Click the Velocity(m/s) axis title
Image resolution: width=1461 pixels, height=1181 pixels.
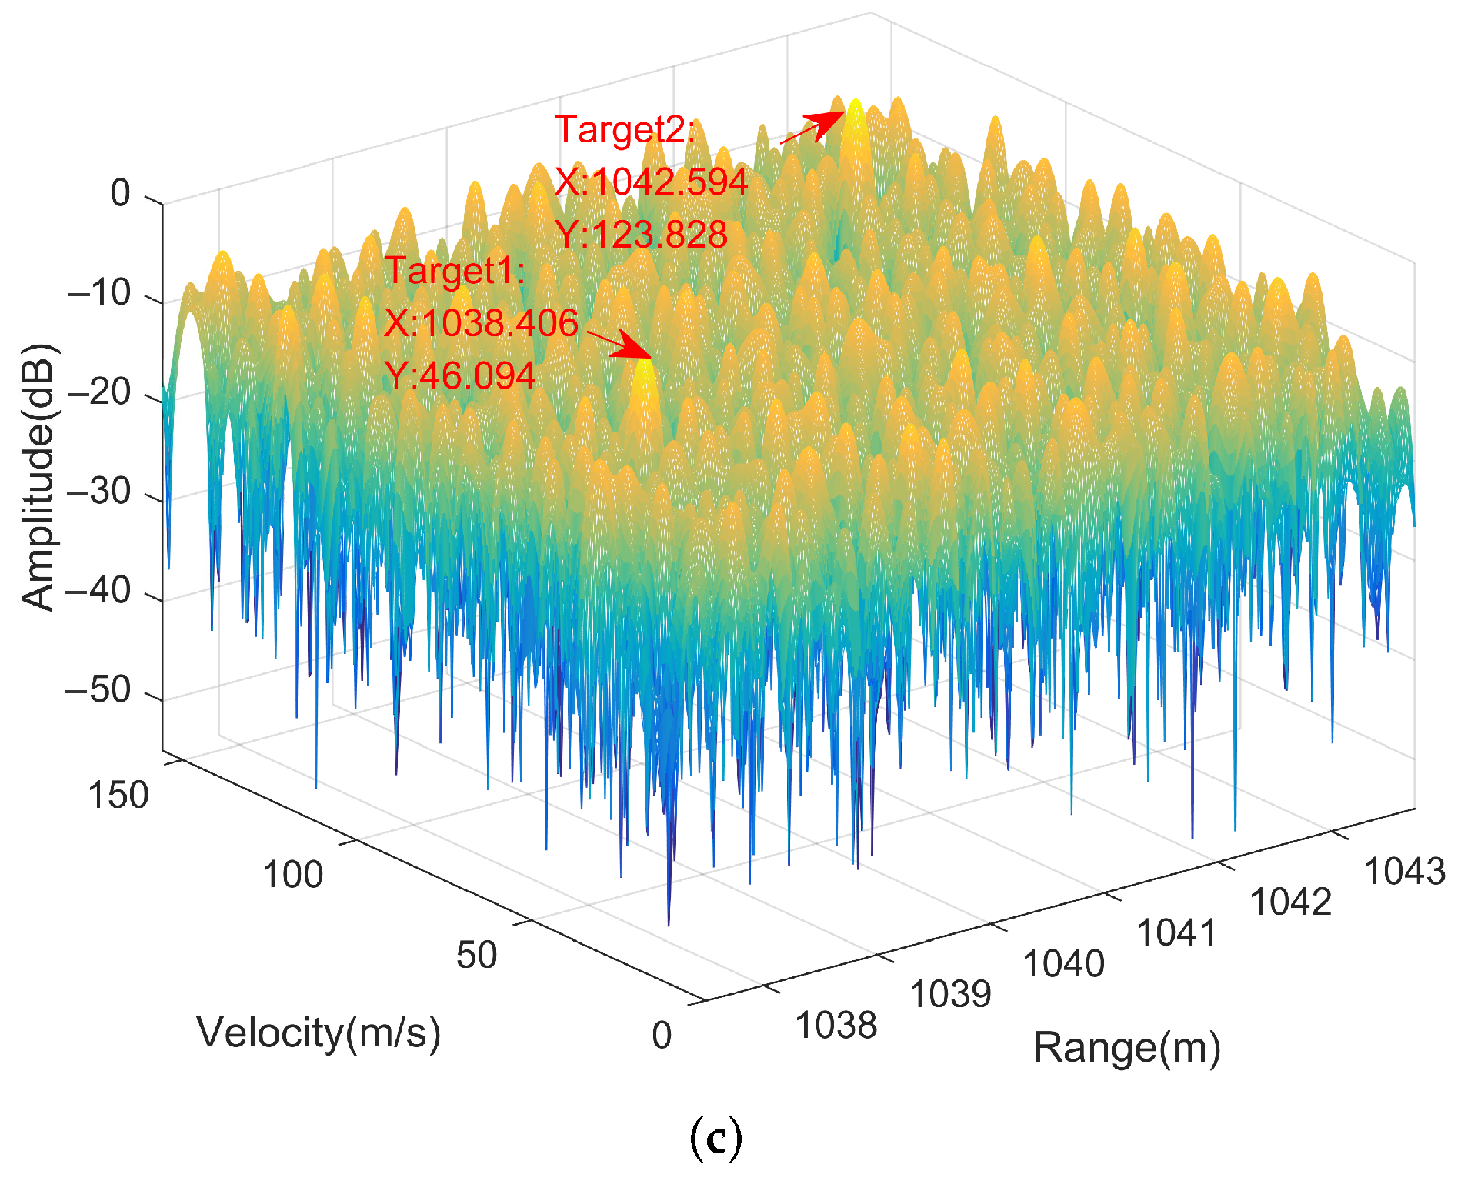[319, 1033]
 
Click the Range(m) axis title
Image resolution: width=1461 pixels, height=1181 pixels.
[1126, 1048]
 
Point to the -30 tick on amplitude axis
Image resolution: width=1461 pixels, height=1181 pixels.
[109, 491]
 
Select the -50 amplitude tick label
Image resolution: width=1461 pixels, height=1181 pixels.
[109, 690]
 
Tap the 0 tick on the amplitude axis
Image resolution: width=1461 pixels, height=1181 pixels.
[121, 193]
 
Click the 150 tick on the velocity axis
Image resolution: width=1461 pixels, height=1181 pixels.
[118, 795]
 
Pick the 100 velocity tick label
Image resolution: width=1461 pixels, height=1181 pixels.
[292, 875]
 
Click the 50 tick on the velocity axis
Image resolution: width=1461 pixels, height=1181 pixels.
[476, 955]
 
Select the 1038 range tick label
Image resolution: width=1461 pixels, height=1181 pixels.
[836, 1026]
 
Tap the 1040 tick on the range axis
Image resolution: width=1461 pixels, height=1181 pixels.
[1063, 963]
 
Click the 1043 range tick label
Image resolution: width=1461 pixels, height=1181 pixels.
[1404, 872]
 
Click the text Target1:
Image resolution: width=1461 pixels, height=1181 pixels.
[454, 271]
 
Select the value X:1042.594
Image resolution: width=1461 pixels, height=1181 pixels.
[651, 182]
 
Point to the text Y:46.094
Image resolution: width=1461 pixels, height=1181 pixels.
[459, 376]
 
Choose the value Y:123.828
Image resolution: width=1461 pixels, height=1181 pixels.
[641, 235]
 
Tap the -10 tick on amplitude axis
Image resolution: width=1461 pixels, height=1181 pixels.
[109, 292]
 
